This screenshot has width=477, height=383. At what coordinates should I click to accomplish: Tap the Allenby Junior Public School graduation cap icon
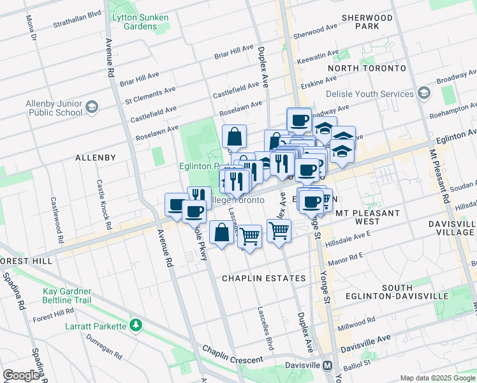click(x=91, y=107)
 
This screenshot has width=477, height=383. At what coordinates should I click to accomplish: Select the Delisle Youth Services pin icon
click(x=424, y=94)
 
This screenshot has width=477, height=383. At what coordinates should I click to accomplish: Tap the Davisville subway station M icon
click(x=328, y=366)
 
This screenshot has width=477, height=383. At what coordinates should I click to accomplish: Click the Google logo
click(x=21, y=375)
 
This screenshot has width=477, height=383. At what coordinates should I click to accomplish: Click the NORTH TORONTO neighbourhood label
click(x=367, y=68)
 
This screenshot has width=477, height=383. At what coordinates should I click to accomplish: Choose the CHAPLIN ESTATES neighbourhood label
click(x=263, y=279)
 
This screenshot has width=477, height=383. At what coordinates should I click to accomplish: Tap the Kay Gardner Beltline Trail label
click(x=67, y=296)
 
